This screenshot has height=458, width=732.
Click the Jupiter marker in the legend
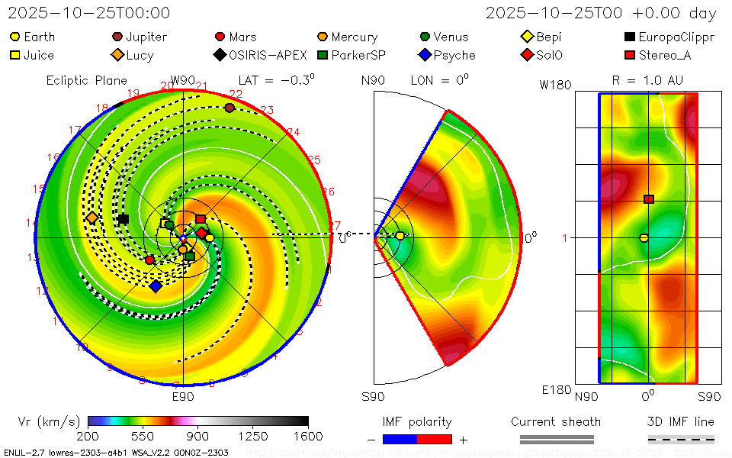click(117, 37)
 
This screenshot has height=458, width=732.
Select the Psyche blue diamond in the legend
click(425, 55)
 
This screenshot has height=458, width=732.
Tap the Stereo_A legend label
click(664, 55)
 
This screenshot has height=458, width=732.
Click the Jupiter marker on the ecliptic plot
click(230, 108)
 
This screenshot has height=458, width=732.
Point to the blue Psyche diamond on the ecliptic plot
click(156, 286)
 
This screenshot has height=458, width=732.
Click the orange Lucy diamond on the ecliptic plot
click(92, 218)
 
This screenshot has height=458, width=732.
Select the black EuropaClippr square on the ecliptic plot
click(124, 219)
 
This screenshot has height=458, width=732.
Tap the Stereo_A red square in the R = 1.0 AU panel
click(649, 199)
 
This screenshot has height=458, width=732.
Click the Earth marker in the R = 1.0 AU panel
click(644, 238)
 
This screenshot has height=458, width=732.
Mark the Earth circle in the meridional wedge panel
click(400, 236)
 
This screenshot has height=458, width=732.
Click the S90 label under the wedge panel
click(373, 396)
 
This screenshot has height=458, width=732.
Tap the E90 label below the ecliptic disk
click(183, 396)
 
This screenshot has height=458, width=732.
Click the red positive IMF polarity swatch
click(434, 439)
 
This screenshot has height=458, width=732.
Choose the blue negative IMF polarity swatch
click(400, 439)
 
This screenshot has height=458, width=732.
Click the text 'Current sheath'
click(556, 421)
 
